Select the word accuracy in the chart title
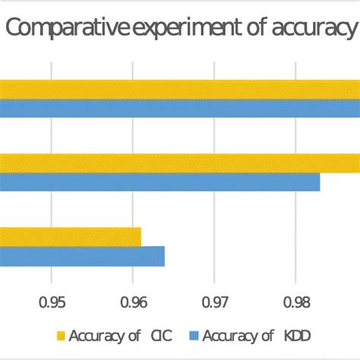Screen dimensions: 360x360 point(312,30)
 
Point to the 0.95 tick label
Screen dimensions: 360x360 point(52,302)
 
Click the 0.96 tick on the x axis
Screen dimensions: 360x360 point(134,302)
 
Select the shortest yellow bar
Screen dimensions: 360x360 point(70,237)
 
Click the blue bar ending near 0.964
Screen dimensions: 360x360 point(82,257)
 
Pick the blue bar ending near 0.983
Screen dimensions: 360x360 point(159,182)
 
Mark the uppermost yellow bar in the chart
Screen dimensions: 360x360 point(180,90)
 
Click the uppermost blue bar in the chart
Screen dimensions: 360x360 point(180,109)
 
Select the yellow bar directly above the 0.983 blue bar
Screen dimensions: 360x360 point(180,163)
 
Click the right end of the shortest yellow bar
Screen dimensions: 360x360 point(140,237)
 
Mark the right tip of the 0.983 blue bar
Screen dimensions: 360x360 point(319,182)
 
